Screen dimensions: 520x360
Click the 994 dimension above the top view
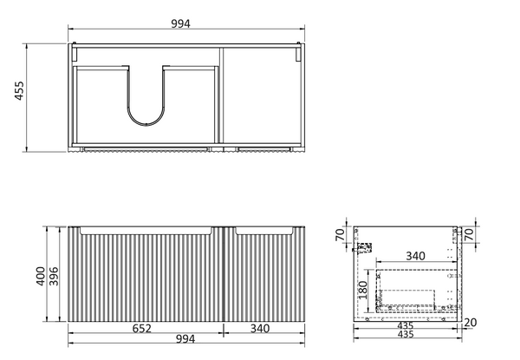click(x=181, y=23)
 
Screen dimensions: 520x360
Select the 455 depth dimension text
click(x=20, y=90)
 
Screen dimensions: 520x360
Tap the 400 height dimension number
click(x=41, y=276)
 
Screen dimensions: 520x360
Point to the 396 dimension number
click(x=54, y=276)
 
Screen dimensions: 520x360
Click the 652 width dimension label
click(x=142, y=328)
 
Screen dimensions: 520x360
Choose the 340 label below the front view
click(x=260, y=329)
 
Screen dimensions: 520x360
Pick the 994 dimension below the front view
click(x=185, y=339)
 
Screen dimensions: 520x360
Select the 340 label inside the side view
click(x=415, y=256)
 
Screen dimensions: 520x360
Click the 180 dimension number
click(x=363, y=290)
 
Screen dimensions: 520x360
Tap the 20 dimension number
click(x=471, y=322)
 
